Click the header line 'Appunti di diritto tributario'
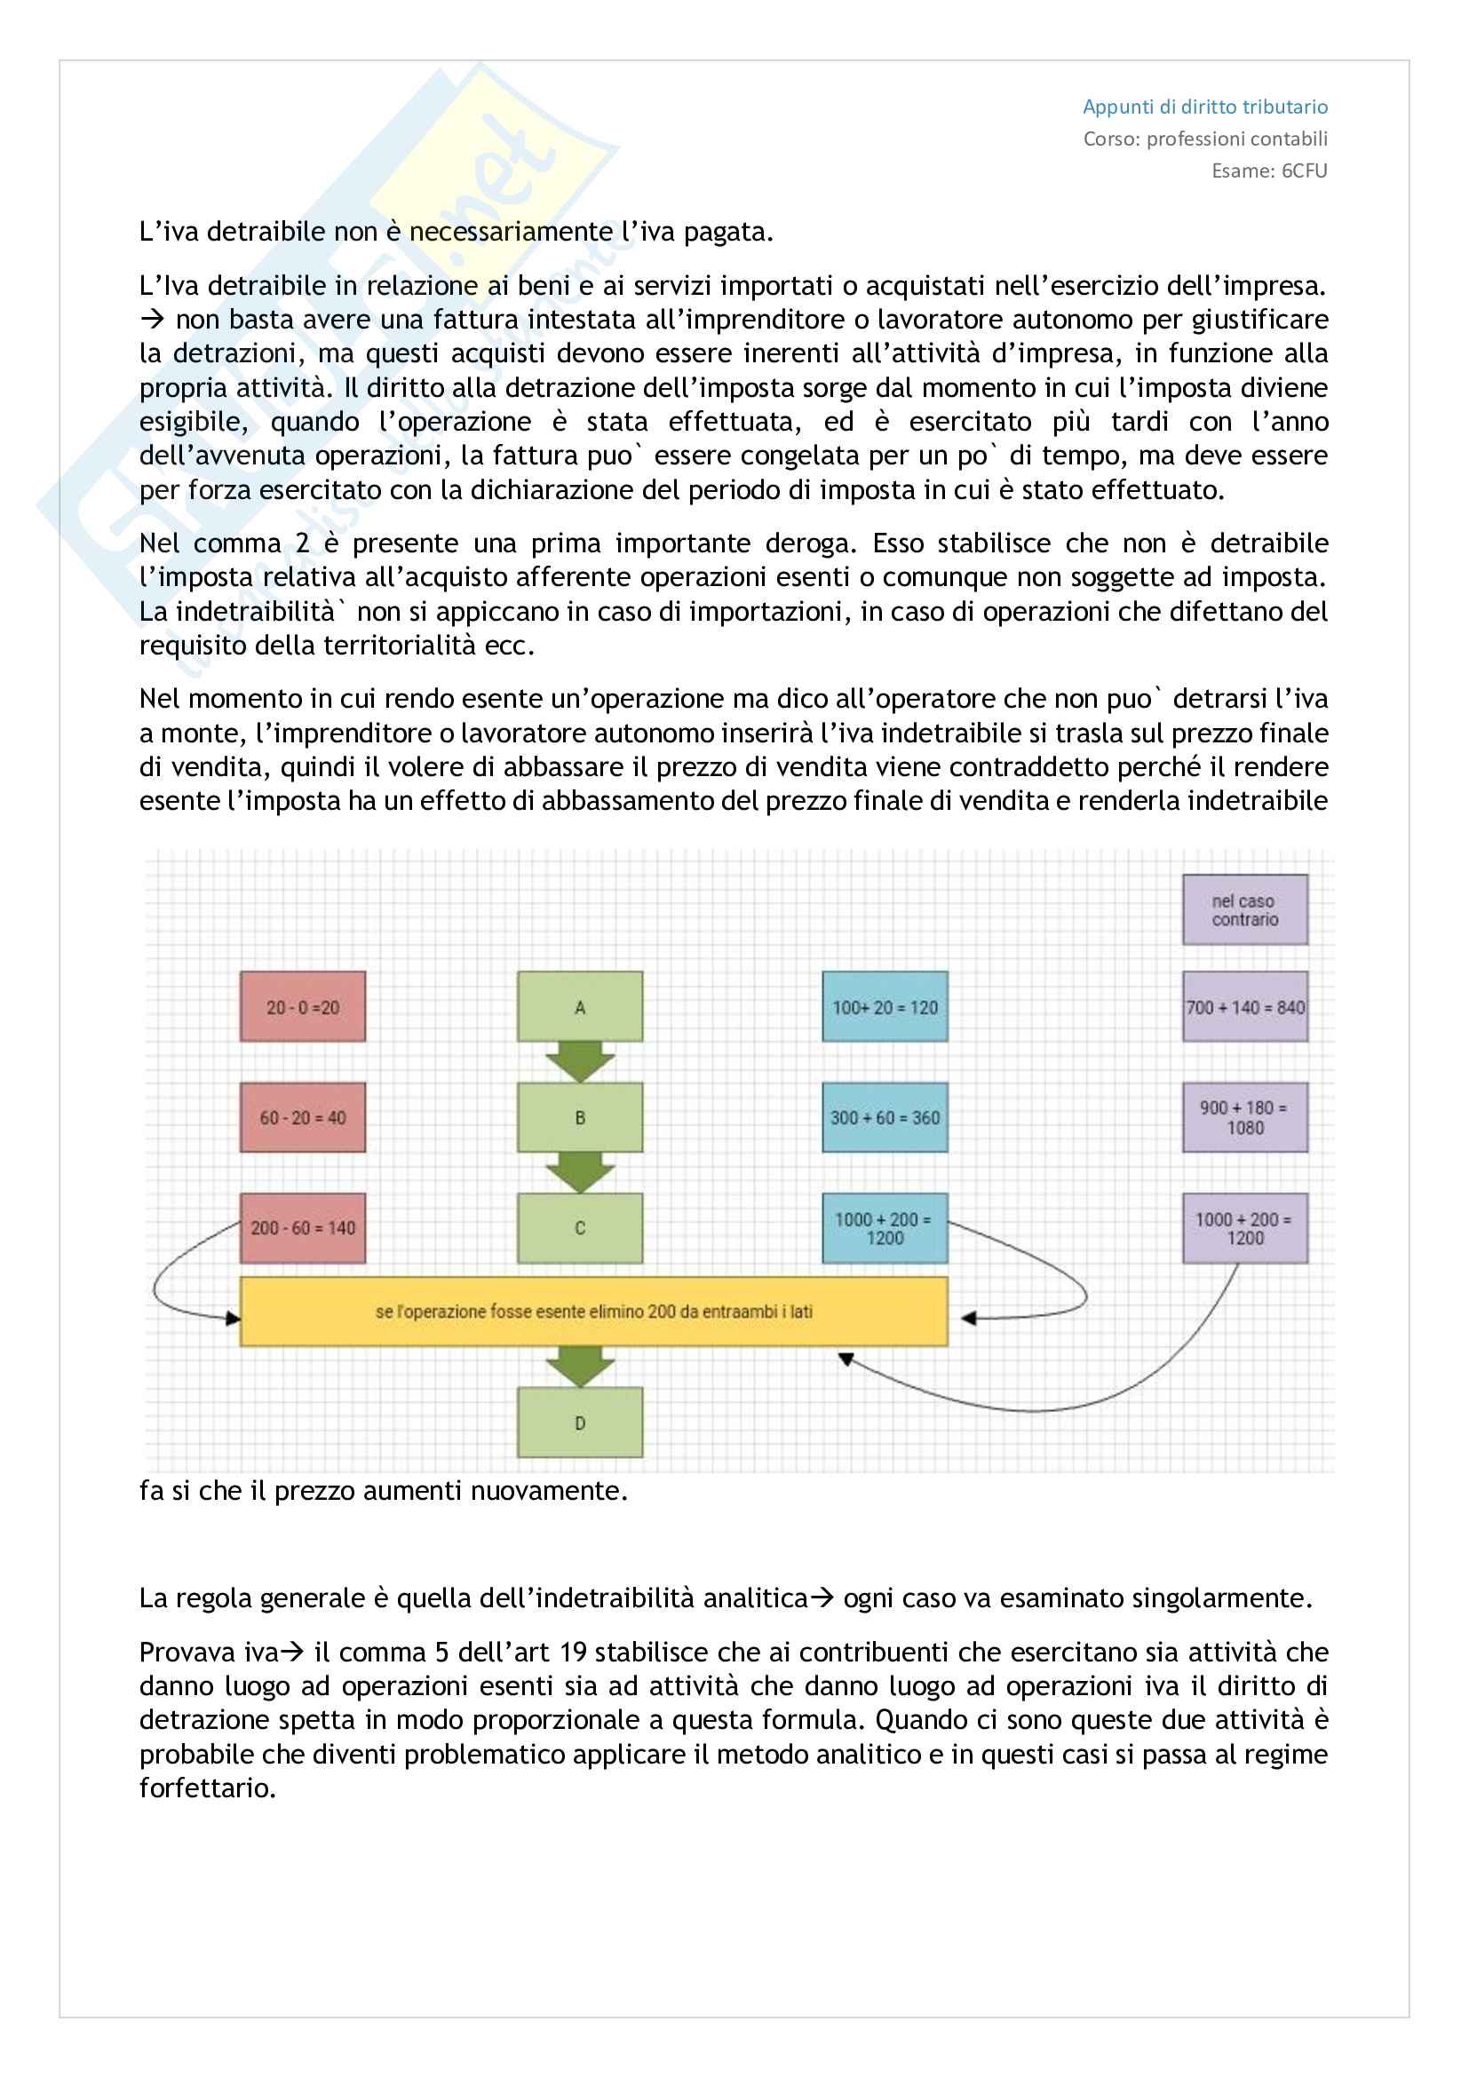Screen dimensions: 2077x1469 point(1205,107)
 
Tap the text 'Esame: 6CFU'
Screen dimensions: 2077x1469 point(1269,171)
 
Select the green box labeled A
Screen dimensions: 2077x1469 point(580,1006)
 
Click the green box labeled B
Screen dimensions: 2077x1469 point(580,1117)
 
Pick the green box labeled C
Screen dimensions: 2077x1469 point(580,1227)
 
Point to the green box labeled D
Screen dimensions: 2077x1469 point(580,1422)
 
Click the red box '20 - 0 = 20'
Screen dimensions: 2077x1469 point(303,1007)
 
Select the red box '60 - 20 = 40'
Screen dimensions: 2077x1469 point(303,1117)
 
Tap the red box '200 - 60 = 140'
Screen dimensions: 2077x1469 point(303,1227)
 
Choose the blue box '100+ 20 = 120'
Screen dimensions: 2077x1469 point(885,1007)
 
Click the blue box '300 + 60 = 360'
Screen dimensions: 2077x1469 point(885,1117)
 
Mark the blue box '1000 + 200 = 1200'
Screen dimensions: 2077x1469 point(885,1227)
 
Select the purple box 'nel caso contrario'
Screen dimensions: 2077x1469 point(1244,909)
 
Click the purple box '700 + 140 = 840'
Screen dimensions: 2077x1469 point(1244,1007)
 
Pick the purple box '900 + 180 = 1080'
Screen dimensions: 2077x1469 point(1244,1117)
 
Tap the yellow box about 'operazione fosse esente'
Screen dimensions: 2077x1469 point(593,1311)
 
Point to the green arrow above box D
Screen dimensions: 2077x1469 point(580,1366)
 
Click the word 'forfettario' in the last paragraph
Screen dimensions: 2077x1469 point(207,1788)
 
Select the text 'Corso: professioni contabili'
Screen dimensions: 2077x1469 point(1205,139)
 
